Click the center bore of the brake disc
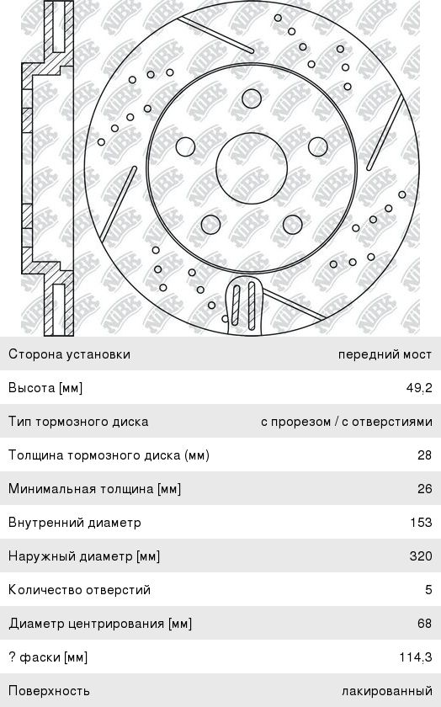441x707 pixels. click(252, 167)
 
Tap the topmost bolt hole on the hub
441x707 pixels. click(252, 98)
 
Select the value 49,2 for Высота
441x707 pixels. click(419, 388)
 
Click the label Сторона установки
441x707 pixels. click(70, 354)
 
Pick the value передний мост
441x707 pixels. click(385, 354)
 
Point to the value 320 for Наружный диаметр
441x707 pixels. click(421, 555)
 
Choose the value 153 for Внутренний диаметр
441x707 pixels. click(421, 522)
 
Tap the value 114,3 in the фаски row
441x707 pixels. click(416, 657)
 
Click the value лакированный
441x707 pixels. click(387, 691)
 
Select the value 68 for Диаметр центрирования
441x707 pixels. click(425, 623)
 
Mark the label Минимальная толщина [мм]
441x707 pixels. click(95, 489)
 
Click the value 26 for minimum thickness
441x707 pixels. click(425, 489)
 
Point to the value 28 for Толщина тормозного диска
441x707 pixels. click(425, 455)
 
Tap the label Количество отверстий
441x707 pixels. click(79, 590)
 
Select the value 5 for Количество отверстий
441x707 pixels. click(428, 590)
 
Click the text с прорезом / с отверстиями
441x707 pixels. click(347, 422)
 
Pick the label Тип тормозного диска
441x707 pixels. click(78, 422)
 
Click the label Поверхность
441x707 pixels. click(49, 691)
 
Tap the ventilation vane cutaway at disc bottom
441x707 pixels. click(243, 305)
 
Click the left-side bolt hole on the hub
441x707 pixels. click(185, 146)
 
